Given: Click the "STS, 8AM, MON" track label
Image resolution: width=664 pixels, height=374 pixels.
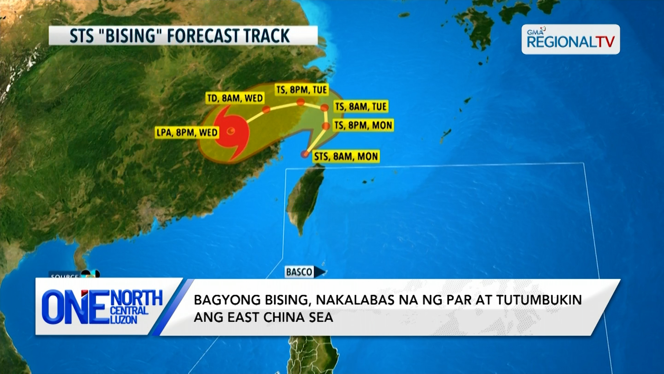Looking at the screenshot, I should [x=346, y=157].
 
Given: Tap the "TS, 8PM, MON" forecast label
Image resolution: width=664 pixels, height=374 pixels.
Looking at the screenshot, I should [x=363, y=125].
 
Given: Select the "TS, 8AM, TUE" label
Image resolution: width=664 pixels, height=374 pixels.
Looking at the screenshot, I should [x=361, y=107].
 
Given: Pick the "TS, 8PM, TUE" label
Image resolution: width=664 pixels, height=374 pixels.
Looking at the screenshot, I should [x=302, y=90].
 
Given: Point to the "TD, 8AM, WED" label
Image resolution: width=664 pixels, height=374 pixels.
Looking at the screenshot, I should [x=235, y=98].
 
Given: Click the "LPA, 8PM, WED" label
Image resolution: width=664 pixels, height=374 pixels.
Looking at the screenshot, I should [x=187, y=133].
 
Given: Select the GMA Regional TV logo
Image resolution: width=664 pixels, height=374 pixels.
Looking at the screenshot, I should [x=571, y=39].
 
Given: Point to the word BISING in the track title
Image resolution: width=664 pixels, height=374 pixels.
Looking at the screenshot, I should [x=132, y=36].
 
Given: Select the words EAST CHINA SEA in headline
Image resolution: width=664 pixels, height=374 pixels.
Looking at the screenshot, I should [x=280, y=318].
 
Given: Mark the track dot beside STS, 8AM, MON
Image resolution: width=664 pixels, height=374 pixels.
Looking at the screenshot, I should [x=305, y=154].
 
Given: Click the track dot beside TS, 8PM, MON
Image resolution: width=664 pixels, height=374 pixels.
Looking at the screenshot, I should [x=326, y=126].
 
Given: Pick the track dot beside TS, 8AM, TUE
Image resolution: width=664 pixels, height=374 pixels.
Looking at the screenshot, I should [x=324, y=108].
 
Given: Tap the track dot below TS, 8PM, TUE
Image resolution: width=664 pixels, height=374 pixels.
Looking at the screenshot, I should [x=301, y=102].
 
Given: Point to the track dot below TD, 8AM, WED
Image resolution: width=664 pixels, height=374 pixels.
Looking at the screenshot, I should [x=266, y=110].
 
